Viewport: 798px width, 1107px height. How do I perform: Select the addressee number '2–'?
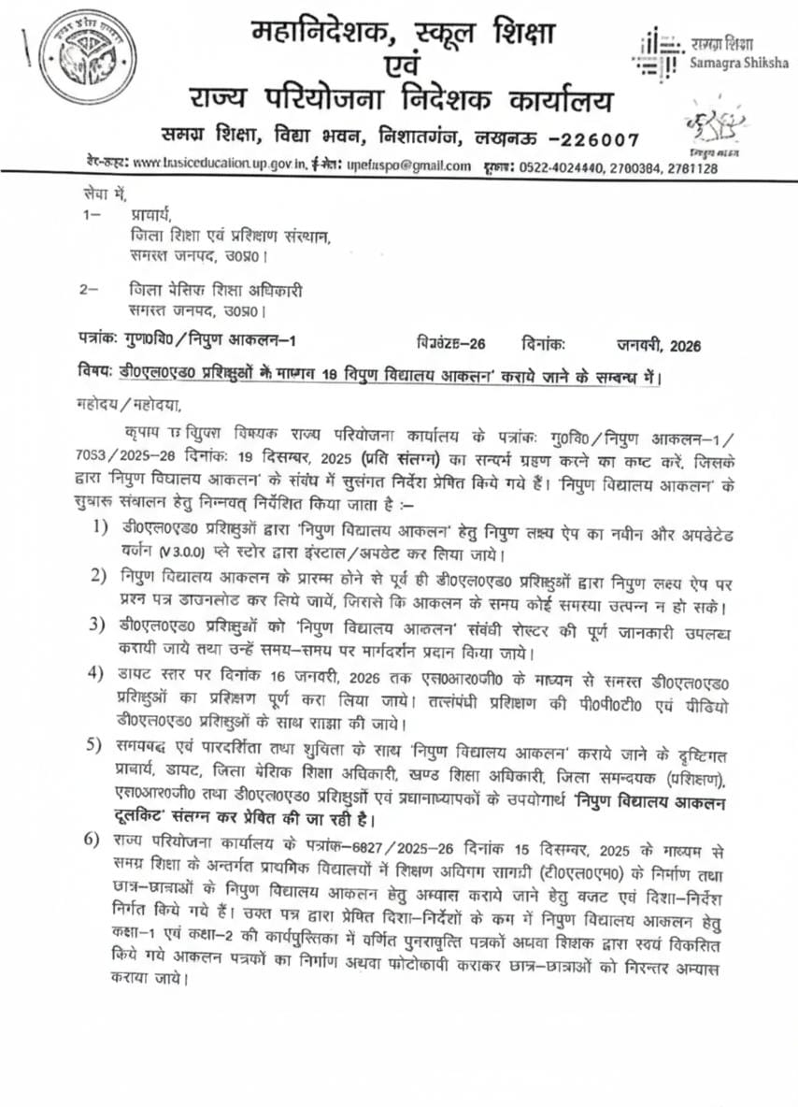click(x=90, y=290)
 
